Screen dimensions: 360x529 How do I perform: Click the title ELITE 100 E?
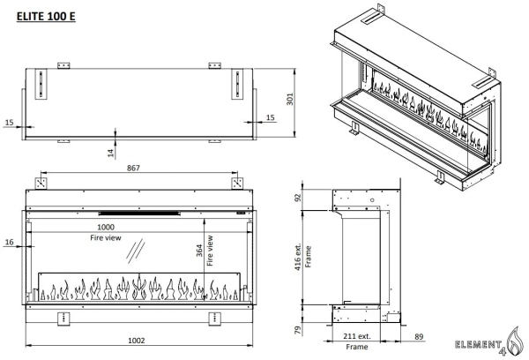click(x=40, y=17)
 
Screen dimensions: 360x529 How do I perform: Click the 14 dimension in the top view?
click(x=109, y=153)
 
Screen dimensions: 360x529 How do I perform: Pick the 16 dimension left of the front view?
click(x=9, y=242)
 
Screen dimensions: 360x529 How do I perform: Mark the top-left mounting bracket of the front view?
click(x=41, y=184)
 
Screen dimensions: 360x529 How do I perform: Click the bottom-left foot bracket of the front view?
click(x=63, y=317)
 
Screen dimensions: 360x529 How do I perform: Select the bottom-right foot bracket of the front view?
click(x=214, y=317)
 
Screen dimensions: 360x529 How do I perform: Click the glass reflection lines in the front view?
click(x=136, y=250)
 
